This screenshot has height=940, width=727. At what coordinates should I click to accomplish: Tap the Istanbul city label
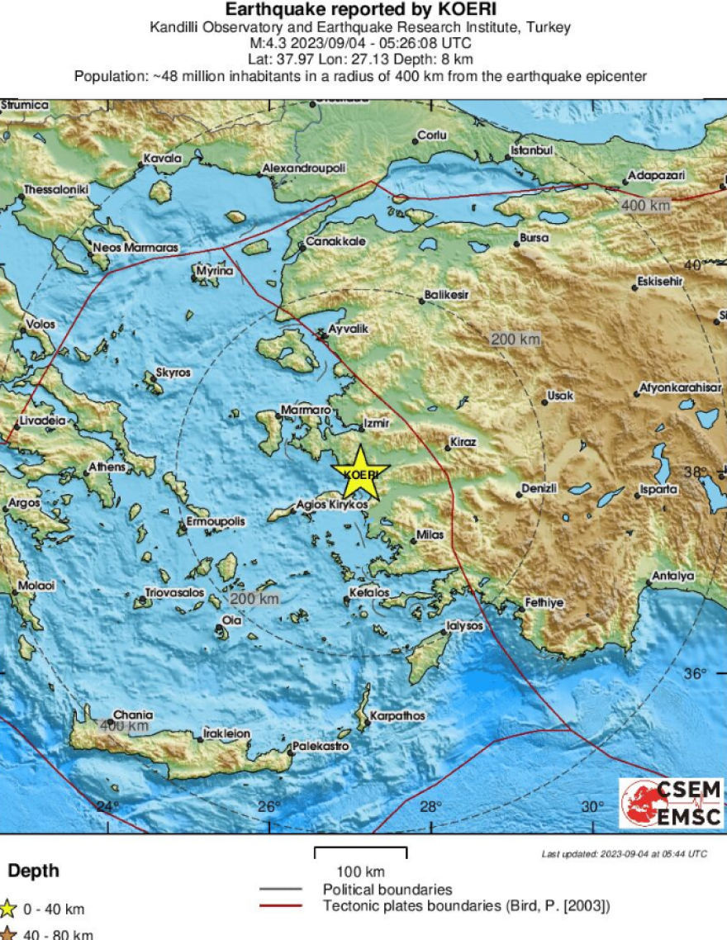[530, 150]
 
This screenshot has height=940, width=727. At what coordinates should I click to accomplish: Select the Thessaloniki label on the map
[55, 189]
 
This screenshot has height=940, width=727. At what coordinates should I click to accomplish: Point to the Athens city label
[107, 468]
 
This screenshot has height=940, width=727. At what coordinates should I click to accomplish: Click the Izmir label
[375, 426]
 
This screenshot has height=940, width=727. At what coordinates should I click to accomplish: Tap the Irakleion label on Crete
[227, 733]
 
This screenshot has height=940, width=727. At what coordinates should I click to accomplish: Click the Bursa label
[534, 238]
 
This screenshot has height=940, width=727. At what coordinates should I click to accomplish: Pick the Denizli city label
[540, 489]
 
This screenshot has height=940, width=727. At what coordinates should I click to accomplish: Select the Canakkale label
[330, 242]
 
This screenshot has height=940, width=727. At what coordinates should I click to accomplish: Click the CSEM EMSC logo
[671, 803]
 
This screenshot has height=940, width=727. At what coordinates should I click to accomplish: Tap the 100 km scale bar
[360, 848]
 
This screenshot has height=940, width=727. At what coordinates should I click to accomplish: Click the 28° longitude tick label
[430, 806]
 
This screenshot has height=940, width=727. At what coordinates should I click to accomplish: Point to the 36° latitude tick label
[695, 673]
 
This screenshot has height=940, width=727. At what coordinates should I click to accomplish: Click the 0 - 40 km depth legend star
[7, 909]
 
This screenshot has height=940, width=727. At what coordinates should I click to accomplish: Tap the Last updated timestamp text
[624, 853]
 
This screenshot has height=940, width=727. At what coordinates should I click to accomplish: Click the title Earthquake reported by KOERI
[361, 10]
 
